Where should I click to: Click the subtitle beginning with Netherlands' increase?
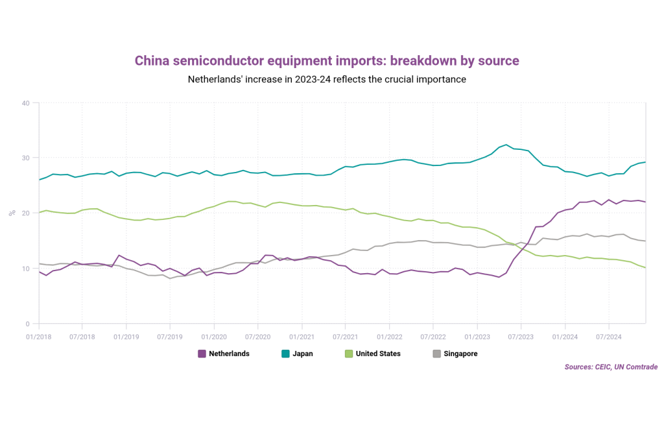(327, 80)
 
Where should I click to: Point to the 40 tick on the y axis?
(25, 103)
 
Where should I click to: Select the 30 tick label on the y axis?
(25, 158)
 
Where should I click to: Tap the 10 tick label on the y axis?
(25, 269)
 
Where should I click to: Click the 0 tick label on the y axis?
(27, 324)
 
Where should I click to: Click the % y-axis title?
(10, 213)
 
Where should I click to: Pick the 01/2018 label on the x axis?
(38, 337)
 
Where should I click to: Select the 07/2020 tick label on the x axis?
(257, 337)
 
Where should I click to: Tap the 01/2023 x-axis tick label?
(477, 337)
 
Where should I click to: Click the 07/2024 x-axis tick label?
(608, 337)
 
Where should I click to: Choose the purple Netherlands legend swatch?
(202, 354)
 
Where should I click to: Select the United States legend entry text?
(378, 354)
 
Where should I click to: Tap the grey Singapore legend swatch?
(436, 354)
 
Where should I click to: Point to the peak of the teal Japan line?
(506, 145)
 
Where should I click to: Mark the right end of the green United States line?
(645, 268)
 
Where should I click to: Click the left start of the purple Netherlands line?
(39, 272)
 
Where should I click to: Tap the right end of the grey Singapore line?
(645, 241)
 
